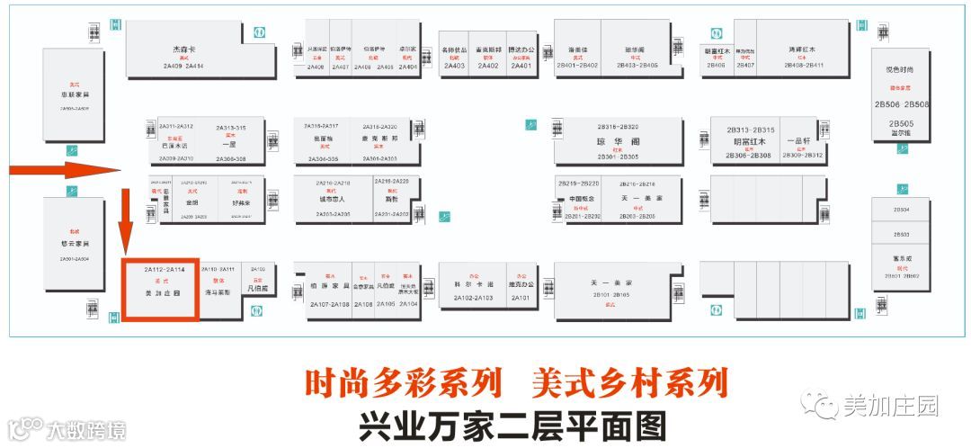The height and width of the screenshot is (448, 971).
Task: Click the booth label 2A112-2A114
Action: (165, 269)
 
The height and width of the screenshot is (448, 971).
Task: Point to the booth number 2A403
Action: (454, 66)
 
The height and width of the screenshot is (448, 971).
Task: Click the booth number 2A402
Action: (488, 66)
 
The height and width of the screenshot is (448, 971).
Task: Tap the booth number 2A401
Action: (521, 66)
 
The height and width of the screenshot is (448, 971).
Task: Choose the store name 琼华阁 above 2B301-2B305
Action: (617, 142)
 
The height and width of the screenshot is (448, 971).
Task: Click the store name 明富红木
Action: (749, 142)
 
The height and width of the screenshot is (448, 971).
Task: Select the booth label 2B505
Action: (901, 123)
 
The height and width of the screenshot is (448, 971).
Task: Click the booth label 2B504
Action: (901, 210)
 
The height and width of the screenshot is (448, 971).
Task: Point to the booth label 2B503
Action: (901, 234)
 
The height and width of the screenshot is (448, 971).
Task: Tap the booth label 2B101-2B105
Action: (611, 294)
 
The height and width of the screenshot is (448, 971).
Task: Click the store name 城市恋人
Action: (332, 199)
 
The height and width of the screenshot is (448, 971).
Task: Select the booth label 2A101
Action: (520, 297)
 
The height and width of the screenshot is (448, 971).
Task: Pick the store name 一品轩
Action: (799, 141)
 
